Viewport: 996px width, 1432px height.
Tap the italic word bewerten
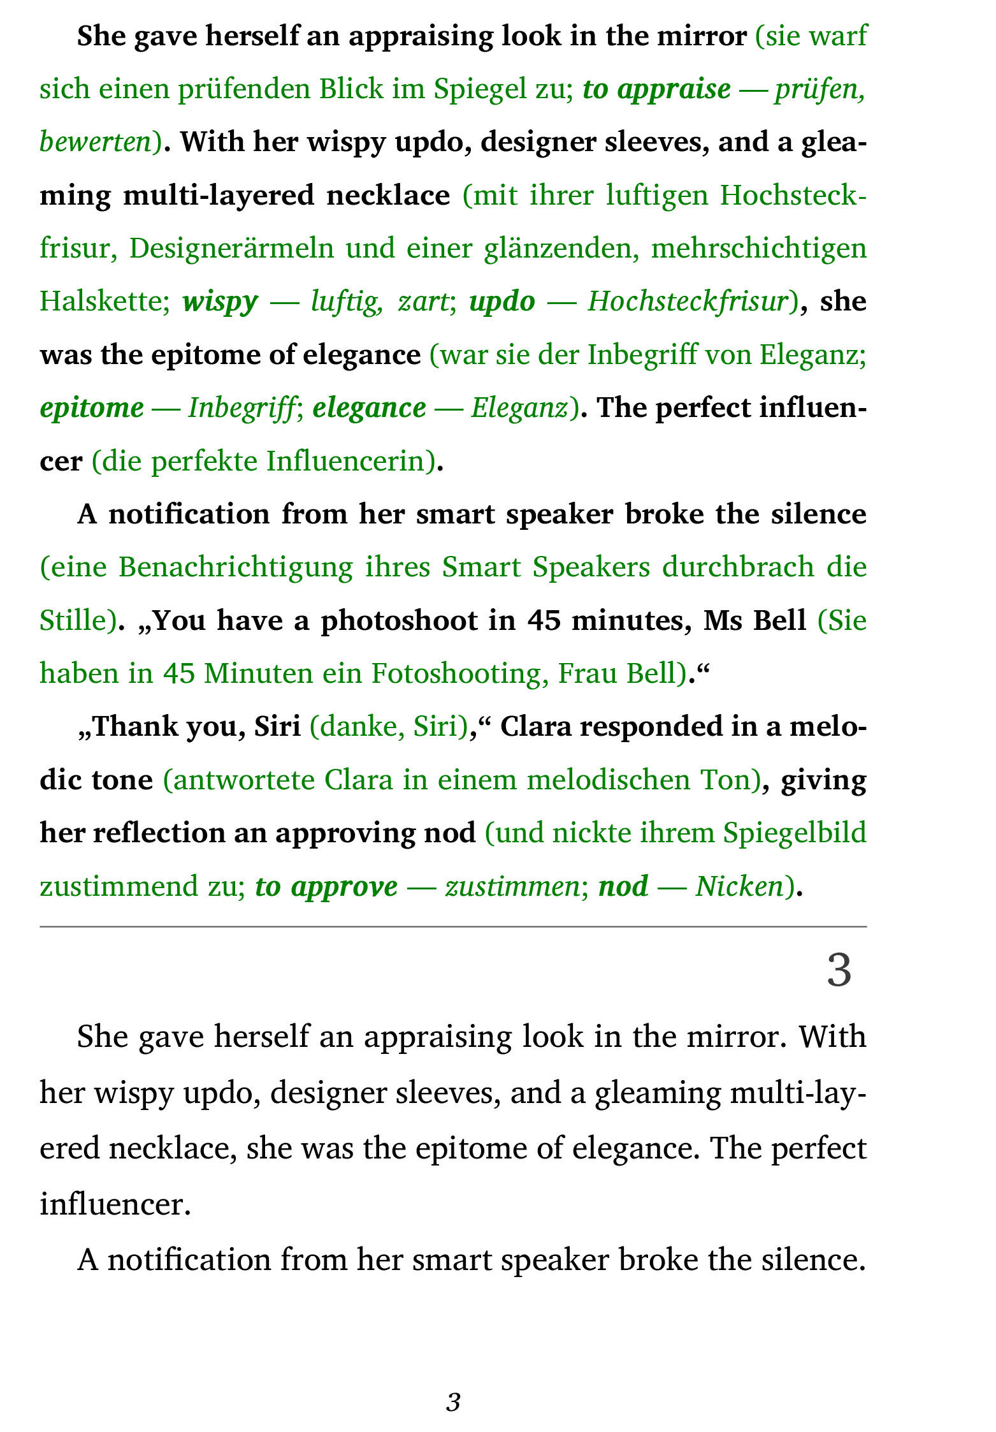[95, 142]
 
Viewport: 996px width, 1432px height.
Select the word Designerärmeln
[231, 248]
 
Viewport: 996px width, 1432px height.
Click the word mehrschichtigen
[758, 248]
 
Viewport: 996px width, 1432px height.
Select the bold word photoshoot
[399, 620]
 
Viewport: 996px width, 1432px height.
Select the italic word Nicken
[739, 886]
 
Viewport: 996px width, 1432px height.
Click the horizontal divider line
[452, 926]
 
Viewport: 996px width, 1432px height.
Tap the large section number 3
[839, 970]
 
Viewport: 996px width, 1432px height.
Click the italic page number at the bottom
[453, 1402]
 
